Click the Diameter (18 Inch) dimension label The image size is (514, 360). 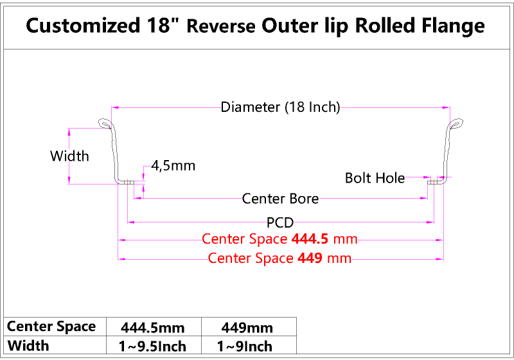click(x=280, y=107)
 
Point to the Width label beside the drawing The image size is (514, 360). click(x=69, y=156)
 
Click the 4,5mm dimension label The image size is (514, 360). click(x=173, y=166)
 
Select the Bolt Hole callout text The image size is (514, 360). click(x=375, y=177)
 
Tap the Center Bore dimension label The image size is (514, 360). click(x=280, y=199)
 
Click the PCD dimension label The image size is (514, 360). click(x=280, y=223)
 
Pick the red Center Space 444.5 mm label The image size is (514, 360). click(x=279, y=239)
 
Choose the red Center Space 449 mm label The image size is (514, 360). click(x=280, y=258)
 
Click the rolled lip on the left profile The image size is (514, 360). click(x=105, y=123)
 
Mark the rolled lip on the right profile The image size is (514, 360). click(x=456, y=123)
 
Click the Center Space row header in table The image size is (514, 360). click(x=51, y=327)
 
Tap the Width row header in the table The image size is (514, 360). click(x=28, y=346)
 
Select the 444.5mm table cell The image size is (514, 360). click(x=153, y=327)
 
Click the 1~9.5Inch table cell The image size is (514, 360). click(x=153, y=346)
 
